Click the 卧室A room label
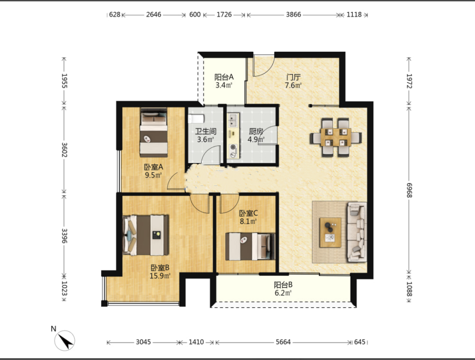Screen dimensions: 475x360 153,167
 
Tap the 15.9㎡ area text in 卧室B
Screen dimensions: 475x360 160,276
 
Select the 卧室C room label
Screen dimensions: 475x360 248,213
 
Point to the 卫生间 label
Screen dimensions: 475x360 206,131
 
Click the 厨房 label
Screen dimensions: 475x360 256,131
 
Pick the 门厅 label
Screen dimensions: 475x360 293,77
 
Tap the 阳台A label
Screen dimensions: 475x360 224,77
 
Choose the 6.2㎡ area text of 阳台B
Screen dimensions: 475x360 283,293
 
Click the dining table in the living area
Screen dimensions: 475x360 336,137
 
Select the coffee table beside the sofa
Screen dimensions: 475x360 330,232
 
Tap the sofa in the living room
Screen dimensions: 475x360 357,232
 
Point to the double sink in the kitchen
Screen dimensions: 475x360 233,120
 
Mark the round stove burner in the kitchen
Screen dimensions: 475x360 233,147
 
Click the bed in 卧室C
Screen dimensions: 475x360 250,246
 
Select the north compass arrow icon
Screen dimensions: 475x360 65,340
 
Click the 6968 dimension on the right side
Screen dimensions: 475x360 409,190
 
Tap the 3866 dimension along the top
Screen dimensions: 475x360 293,15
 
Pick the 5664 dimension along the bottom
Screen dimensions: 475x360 283,342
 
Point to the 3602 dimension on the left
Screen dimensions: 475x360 64,150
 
